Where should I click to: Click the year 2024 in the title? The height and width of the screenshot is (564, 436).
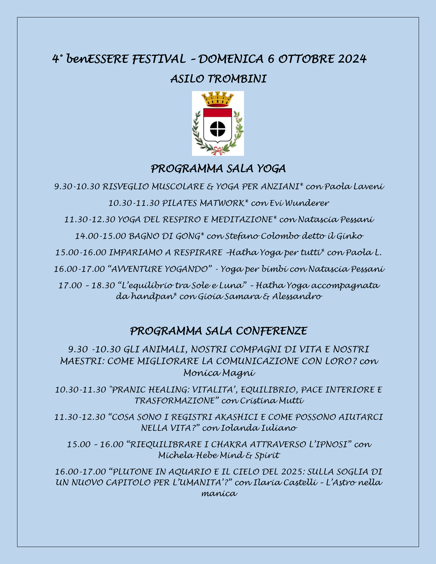(352, 59)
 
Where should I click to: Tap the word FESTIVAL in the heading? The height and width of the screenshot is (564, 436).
(159, 59)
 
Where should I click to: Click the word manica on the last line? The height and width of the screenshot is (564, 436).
(219, 494)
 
